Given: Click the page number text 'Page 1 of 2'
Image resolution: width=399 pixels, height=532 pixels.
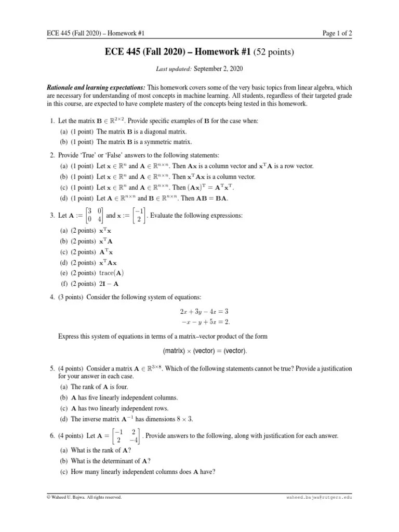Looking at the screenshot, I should click(337, 34).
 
